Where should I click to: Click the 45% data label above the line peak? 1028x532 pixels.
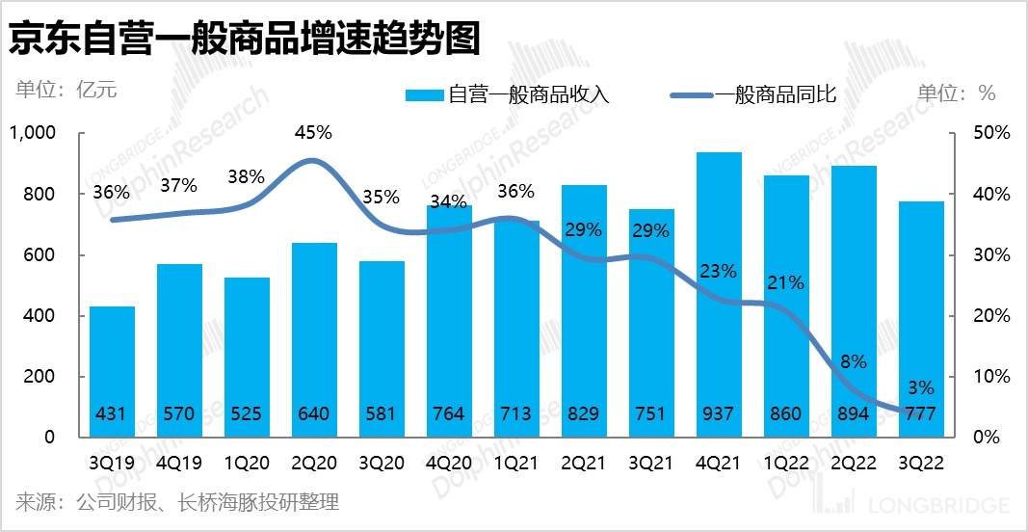313,132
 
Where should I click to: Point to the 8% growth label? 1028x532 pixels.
854,362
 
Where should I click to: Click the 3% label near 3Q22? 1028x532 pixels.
921,388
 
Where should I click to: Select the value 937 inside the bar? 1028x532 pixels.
718,414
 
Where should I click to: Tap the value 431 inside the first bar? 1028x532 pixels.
112,414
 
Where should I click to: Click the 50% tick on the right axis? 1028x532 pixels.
990,133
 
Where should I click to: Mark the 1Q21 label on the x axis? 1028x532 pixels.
515,461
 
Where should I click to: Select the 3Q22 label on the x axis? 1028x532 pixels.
920,461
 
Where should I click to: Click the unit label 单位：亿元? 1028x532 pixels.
66,92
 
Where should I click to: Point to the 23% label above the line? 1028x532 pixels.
718,272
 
